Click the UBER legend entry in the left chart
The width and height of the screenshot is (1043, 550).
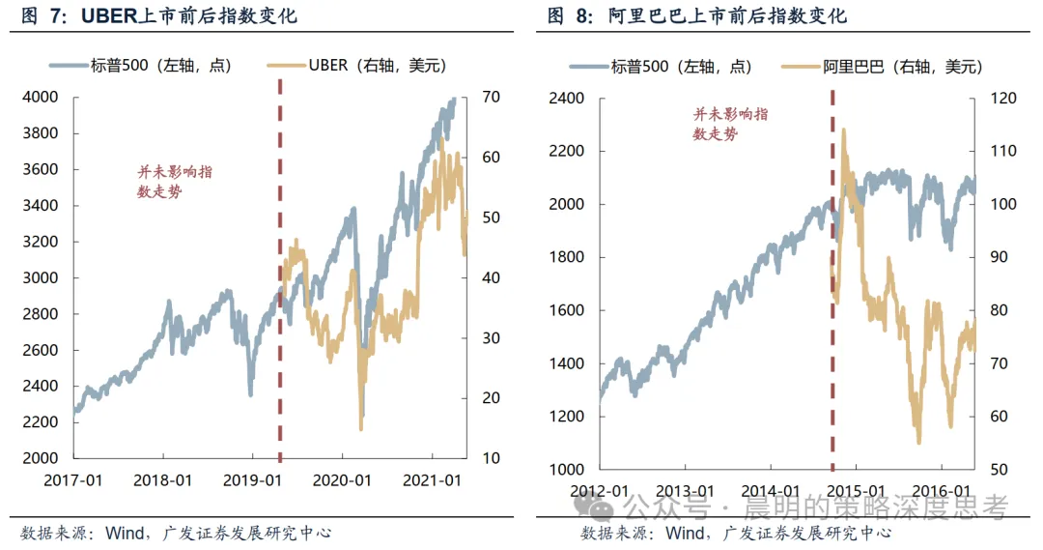(x=356, y=66)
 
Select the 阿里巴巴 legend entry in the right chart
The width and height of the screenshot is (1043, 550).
(x=882, y=67)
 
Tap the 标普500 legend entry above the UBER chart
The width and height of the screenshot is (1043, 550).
(x=140, y=66)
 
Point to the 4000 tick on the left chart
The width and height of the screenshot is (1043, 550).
(x=40, y=98)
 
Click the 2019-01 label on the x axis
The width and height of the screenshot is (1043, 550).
(x=252, y=480)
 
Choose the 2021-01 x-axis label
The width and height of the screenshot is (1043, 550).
(x=432, y=480)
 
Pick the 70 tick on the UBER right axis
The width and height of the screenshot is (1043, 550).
(x=491, y=98)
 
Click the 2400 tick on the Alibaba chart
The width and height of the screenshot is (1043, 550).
(x=566, y=99)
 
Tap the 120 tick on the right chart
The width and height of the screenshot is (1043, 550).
(x=1003, y=99)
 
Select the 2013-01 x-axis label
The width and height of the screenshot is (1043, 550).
(x=685, y=491)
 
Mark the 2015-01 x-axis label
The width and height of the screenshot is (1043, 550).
(x=856, y=491)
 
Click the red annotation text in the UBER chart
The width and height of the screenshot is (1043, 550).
(x=175, y=182)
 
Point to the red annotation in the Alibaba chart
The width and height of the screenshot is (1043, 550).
(x=730, y=124)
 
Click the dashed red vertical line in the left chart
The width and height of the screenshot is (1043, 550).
(x=280, y=271)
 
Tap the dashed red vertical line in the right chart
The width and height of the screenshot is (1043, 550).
(x=832, y=281)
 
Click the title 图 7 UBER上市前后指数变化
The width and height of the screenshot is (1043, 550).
(x=159, y=15)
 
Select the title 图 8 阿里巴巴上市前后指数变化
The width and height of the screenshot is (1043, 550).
(x=697, y=15)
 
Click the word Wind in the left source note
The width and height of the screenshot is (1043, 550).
(x=125, y=533)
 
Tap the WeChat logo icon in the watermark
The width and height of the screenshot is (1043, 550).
(x=593, y=507)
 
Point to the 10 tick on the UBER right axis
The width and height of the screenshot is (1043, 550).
(x=491, y=458)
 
